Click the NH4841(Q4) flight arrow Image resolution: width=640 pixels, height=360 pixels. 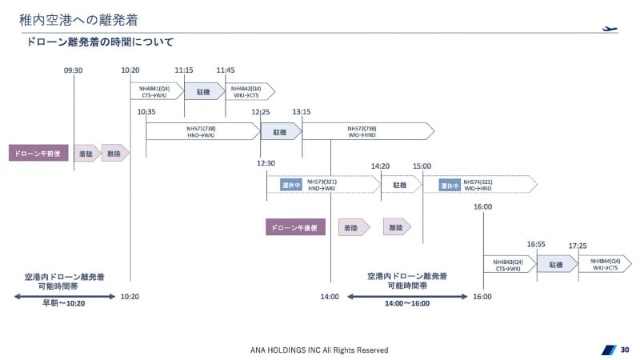(x=156, y=91)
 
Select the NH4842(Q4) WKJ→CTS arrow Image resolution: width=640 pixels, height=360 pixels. (x=250, y=91)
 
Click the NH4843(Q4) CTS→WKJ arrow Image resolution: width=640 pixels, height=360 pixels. (x=509, y=265)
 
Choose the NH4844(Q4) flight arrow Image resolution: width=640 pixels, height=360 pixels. (x=605, y=265)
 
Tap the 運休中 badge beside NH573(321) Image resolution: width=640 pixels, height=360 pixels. (x=290, y=185)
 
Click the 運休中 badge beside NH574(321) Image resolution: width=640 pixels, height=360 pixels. (x=449, y=185)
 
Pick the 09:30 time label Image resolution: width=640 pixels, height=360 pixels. (x=74, y=70)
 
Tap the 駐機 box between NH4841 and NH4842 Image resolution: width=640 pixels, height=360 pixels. (x=203, y=91)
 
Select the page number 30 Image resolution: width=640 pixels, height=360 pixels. (x=625, y=349)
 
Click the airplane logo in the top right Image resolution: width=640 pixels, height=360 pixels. (x=610, y=29)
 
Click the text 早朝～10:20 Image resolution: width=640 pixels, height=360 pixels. (x=64, y=303)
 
